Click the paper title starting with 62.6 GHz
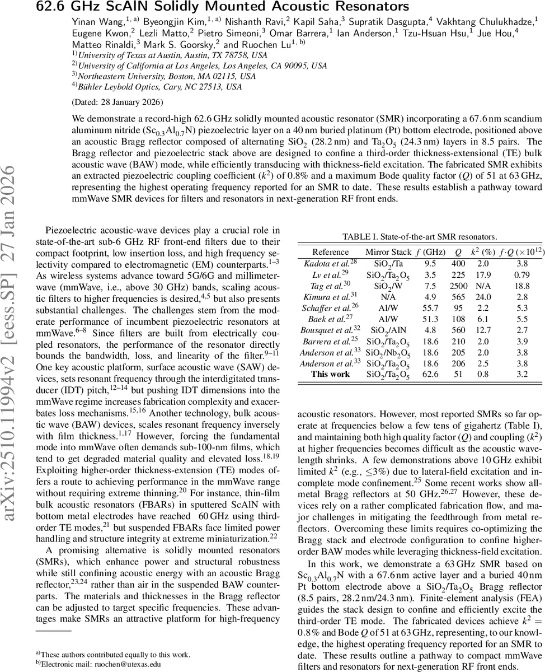point(222,7)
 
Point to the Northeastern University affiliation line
point(166,76)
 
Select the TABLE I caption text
point(419,237)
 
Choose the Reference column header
point(330,251)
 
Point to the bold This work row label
point(330,374)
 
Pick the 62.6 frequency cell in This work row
point(430,374)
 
